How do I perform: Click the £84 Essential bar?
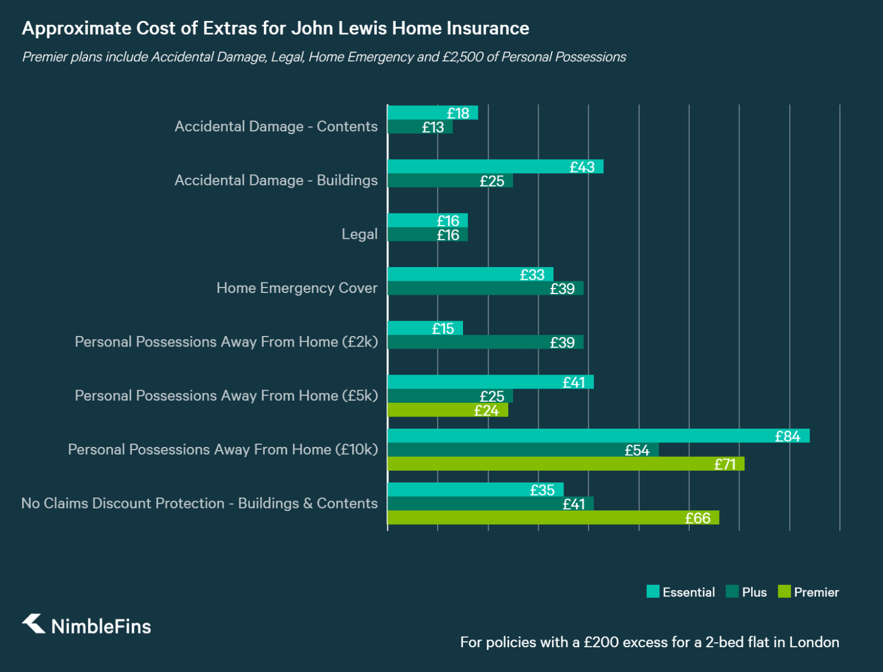pyautogui.click(x=598, y=436)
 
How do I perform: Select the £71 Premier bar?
pyautogui.click(x=566, y=464)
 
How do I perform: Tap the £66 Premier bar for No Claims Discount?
pyautogui.click(x=553, y=518)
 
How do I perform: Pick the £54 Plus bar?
pyautogui.click(x=523, y=450)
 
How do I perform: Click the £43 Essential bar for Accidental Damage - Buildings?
pyautogui.click(x=495, y=167)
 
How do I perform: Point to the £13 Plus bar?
pyautogui.click(x=420, y=127)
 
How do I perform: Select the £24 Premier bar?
pyautogui.click(x=448, y=410)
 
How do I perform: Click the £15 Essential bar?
pyautogui.click(x=425, y=328)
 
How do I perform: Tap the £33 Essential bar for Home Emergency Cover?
pyautogui.click(x=470, y=274)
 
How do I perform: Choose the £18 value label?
pyautogui.click(x=458, y=113)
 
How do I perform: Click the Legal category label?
pyautogui.click(x=359, y=234)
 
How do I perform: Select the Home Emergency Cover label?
pyautogui.click(x=297, y=288)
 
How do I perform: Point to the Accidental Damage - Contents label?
pyautogui.click(x=276, y=126)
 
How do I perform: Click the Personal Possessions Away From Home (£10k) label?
pyautogui.click(x=223, y=450)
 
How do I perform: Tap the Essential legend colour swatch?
pyautogui.click(x=653, y=591)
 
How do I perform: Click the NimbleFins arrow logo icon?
pyautogui.click(x=34, y=624)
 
